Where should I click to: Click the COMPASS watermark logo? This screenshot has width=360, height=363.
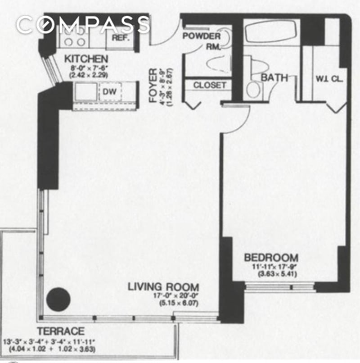(x=83, y=25)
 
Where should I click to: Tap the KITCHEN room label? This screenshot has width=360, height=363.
(x=85, y=59)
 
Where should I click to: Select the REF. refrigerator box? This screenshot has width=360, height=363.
(x=121, y=38)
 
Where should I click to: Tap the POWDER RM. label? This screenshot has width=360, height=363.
(x=202, y=41)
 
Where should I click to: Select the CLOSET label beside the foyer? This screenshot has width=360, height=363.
(x=210, y=85)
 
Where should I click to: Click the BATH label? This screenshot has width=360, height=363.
(x=274, y=77)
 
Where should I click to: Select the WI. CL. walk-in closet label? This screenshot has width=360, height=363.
(x=329, y=78)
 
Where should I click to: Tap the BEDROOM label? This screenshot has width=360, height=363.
(x=271, y=258)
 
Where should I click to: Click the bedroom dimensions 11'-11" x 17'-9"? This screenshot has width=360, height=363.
(x=271, y=267)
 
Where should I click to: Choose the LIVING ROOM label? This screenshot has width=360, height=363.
(x=163, y=287)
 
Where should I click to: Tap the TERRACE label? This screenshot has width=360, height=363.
(x=60, y=331)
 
